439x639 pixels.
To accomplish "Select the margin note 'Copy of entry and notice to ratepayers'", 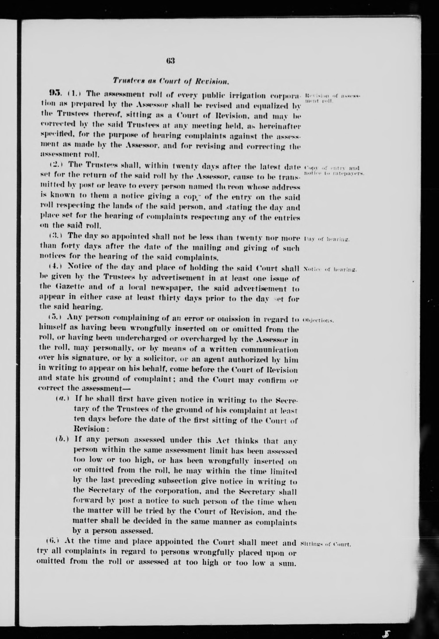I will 334,171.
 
